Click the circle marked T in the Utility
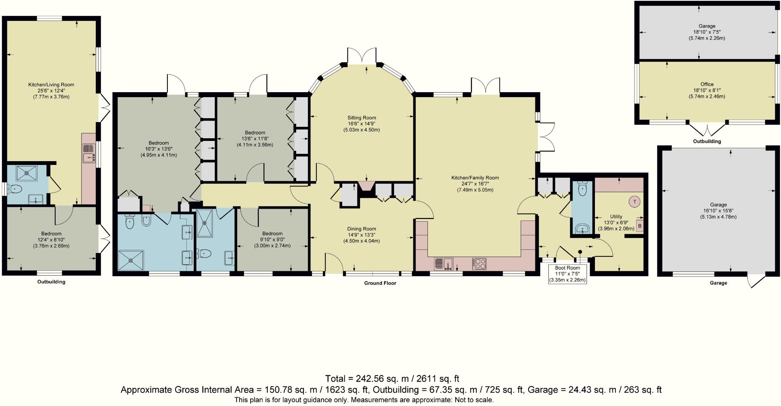tap(635, 202)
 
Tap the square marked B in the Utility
tap(640, 226)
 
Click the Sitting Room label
tap(362, 118)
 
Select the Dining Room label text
tap(362, 229)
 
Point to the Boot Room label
tap(567, 268)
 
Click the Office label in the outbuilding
tap(707, 84)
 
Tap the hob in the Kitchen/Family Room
tap(479, 264)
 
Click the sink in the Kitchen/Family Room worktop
tap(444, 264)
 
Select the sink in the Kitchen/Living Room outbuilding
tap(88, 153)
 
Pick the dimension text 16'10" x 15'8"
tap(718, 211)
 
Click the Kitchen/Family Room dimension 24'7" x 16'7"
tap(475, 184)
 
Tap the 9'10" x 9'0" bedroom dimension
tap(272, 240)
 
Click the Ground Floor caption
tap(380, 283)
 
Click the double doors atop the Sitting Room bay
tap(362, 56)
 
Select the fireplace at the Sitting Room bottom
tap(366, 185)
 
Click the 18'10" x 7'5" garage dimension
tap(707, 32)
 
